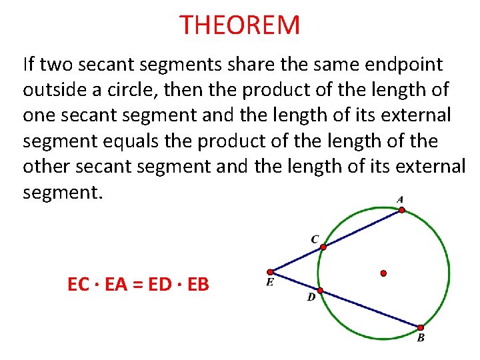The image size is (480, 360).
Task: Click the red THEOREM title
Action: point(240,25)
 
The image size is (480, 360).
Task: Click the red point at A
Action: point(401,209)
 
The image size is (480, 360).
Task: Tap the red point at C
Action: point(323,247)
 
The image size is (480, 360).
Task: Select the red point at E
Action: point(270,272)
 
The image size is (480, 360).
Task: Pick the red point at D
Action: point(320,291)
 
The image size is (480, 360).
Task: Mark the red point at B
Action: point(421,327)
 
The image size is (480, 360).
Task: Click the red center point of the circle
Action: point(383,273)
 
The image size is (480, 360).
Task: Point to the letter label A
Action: point(400,199)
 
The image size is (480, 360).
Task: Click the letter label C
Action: point(315,239)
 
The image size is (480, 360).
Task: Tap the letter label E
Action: point(269,283)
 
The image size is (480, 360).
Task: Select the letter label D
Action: point(311,297)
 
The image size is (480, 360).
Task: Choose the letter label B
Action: point(421,338)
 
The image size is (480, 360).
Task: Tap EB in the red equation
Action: point(198,285)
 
